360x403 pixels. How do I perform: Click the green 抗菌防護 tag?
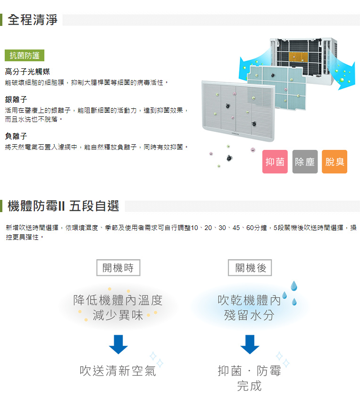pyautogui.click(x=25, y=55)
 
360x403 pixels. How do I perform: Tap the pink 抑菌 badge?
pyautogui.click(x=275, y=162)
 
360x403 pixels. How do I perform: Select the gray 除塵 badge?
pyautogui.click(x=305, y=162)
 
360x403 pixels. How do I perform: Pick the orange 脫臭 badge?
pyautogui.click(x=335, y=162)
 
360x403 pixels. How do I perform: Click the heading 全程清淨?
pyautogui.click(x=33, y=20)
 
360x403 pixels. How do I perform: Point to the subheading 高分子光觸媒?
pyautogui.click(x=27, y=72)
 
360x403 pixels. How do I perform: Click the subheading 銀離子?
pyautogui.click(x=16, y=99)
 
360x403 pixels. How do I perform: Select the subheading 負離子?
pyautogui.click(x=16, y=136)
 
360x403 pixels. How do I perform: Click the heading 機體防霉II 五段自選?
pyautogui.click(x=63, y=206)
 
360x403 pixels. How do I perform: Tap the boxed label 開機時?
pyautogui.click(x=118, y=268)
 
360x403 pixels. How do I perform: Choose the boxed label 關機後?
pyautogui.click(x=250, y=268)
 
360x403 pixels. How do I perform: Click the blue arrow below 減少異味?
pyautogui.click(x=118, y=345)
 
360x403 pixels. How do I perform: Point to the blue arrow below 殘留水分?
pyautogui.click(x=250, y=345)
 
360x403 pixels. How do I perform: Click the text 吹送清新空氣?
pyautogui.click(x=118, y=371)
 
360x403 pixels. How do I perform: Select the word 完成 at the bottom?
pyautogui.click(x=249, y=386)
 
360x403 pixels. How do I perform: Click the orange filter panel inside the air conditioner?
pyautogui.click(x=298, y=57)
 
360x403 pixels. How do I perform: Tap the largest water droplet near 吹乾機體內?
pyautogui.click(x=293, y=286)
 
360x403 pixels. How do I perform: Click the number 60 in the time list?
pyautogui.click(x=250, y=228)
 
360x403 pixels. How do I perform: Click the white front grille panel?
pyautogui.click(x=238, y=110)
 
